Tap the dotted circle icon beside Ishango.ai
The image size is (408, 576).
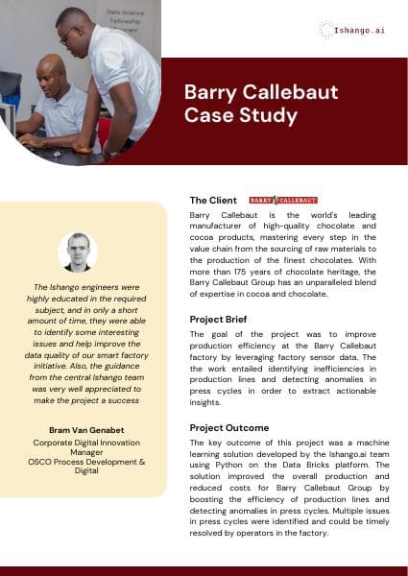point(326,30)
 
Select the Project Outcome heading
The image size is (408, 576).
point(228,427)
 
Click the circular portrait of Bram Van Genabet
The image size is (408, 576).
point(77,252)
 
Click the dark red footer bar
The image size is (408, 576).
point(204,570)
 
